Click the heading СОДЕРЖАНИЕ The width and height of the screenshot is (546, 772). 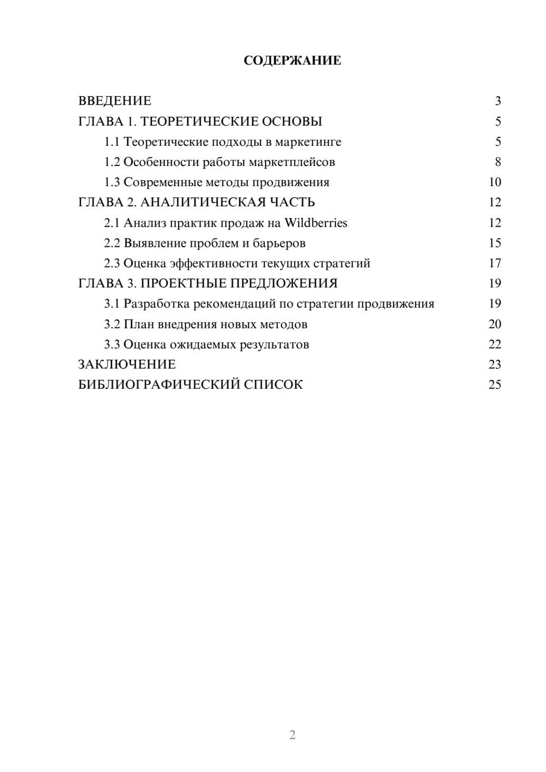click(x=292, y=61)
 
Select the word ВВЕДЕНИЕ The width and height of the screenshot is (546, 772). click(x=115, y=101)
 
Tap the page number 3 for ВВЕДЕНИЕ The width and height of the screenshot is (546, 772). click(x=497, y=101)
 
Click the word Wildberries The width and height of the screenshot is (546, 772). click(x=316, y=223)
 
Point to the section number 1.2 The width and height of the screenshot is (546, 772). click(x=111, y=162)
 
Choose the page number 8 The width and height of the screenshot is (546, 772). click(x=497, y=162)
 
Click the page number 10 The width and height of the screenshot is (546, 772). click(x=495, y=182)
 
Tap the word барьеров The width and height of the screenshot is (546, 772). click(x=279, y=243)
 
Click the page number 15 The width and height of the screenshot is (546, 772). click(x=495, y=243)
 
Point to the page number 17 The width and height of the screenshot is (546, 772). click(x=495, y=263)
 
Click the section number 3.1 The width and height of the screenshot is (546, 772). click(x=111, y=304)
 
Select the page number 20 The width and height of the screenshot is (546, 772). click(x=495, y=324)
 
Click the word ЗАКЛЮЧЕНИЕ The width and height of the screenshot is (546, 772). click(x=127, y=365)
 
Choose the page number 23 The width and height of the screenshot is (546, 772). click(x=495, y=365)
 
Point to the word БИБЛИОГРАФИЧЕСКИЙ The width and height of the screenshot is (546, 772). click(x=159, y=385)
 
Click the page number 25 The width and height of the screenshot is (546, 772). click(x=495, y=385)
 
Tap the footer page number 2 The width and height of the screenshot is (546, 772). click(x=292, y=735)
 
